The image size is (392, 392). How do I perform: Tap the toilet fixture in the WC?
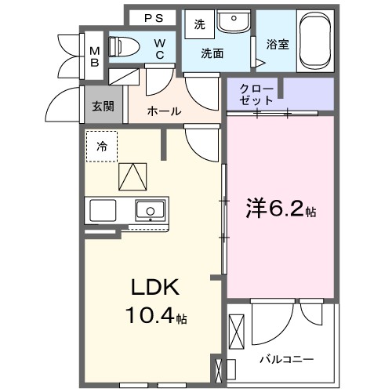(x=126, y=47)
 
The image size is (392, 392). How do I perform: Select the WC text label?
(x=159, y=49)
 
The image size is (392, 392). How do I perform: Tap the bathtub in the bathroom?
(x=316, y=39)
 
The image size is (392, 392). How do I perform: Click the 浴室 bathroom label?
(x=277, y=45)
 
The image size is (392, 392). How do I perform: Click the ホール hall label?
(x=165, y=111)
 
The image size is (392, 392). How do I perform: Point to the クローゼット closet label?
(x=257, y=95)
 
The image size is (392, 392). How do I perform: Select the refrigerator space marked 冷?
(x=102, y=146)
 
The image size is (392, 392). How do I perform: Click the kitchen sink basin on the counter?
(x=150, y=210)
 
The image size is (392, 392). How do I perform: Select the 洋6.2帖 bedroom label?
(x=281, y=210)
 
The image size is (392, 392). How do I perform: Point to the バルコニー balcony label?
(x=287, y=360)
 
